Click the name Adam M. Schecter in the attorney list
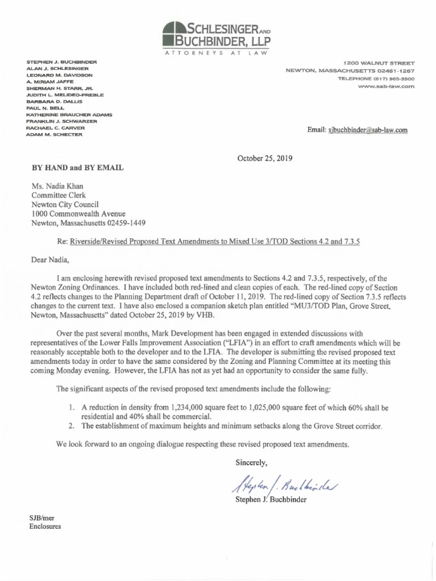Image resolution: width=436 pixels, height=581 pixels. (x=54, y=134)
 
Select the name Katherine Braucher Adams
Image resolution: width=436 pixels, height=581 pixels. (x=69, y=115)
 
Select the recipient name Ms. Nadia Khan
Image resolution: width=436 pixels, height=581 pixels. (x=56, y=184)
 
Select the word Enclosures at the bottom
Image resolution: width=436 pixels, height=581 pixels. (x=45, y=526)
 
